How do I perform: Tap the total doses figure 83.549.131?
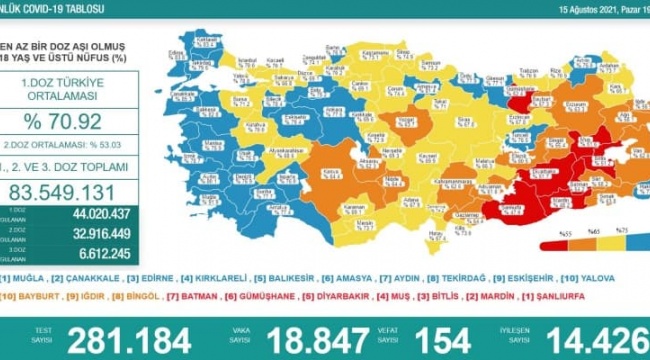[74, 191]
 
